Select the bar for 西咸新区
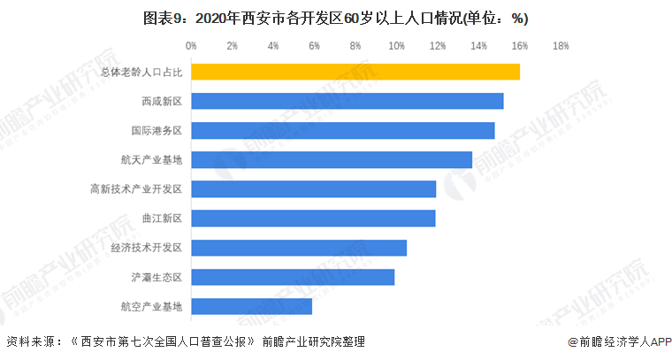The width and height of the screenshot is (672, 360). coord(347,101)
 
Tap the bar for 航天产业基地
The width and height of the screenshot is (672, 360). coord(332,160)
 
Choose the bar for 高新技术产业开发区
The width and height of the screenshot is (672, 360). coord(314,189)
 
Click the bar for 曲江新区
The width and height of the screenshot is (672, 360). coord(314,218)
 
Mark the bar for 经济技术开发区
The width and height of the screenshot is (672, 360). coord(299,248)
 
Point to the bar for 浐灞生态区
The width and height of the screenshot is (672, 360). coord(293,277)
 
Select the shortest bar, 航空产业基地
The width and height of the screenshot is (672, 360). coord(252,306)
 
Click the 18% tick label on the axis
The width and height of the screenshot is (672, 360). coord(560,45)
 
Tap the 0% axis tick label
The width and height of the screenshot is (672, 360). coord(191,45)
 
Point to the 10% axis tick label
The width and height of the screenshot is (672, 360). coord(396,45)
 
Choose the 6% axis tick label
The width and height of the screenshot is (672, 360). coord(314,45)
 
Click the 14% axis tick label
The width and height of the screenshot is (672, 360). coord(478,45)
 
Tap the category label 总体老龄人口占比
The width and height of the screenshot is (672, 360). coord(141,73)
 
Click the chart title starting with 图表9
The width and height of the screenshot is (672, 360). coord(335,18)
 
